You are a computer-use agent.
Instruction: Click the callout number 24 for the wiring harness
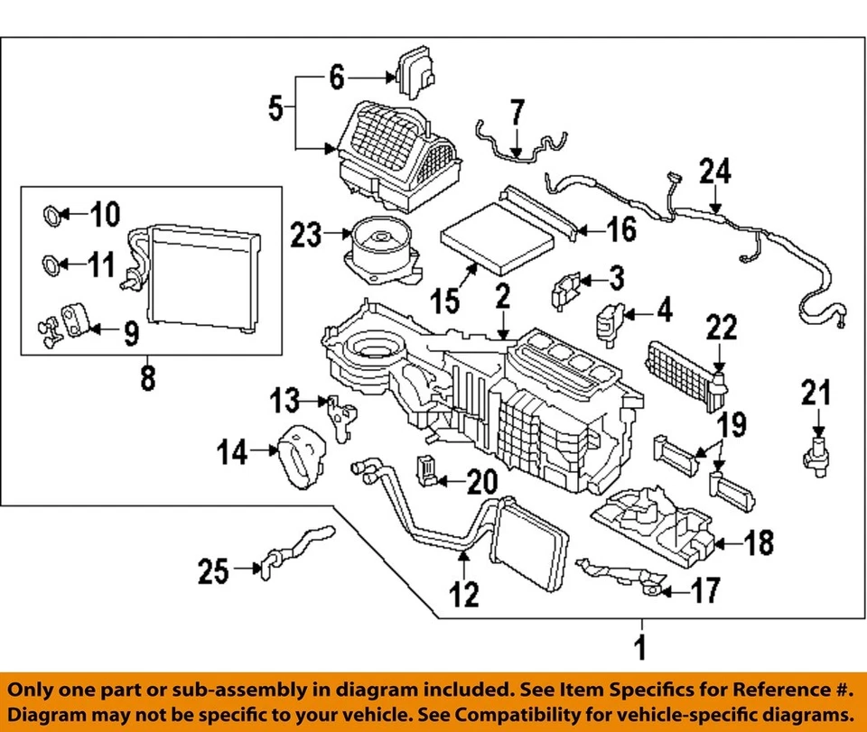pos(715,172)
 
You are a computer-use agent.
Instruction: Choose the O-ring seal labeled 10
pos(54,216)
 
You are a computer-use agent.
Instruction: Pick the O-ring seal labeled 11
pos(54,265)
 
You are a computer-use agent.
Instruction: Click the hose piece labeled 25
pos(294,552)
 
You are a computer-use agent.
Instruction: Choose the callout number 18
pos(759,543)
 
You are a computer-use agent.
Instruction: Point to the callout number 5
pos(276,109)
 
